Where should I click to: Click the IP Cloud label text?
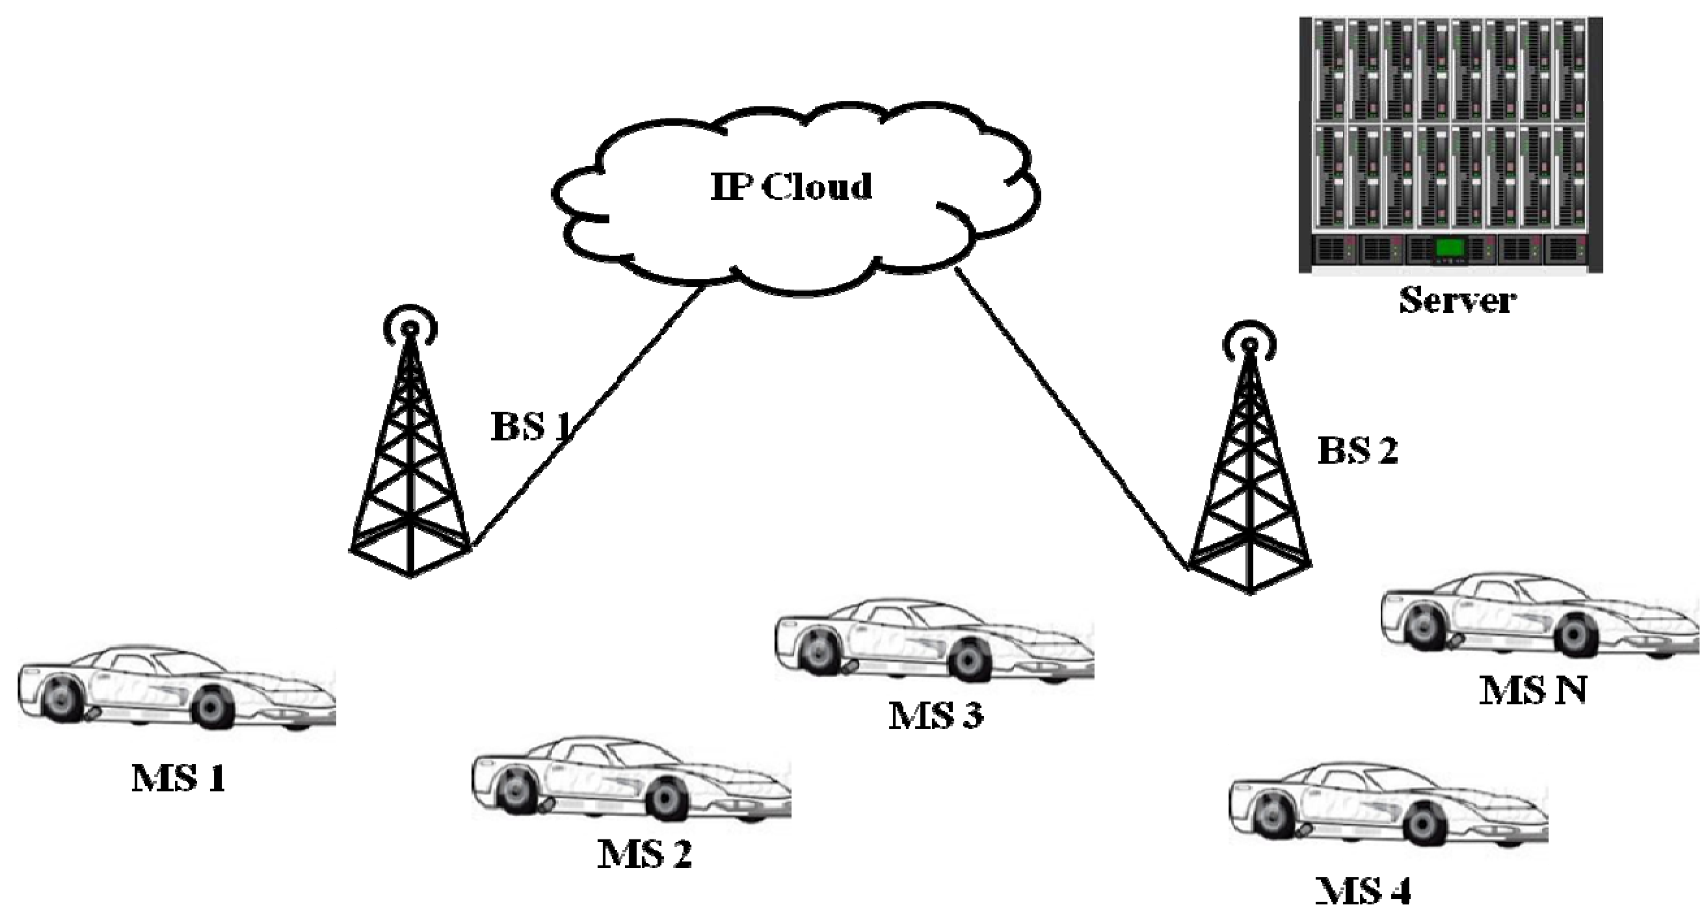tap(791, 186)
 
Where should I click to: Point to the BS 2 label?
tap(1357, 451)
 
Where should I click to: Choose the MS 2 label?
tap(644, 853)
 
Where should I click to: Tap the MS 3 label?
tap(936, 715)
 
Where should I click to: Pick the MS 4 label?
tap(1363, 891)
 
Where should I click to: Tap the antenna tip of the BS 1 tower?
tap(411, 327)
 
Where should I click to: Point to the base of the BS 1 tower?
tap(411, 564)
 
